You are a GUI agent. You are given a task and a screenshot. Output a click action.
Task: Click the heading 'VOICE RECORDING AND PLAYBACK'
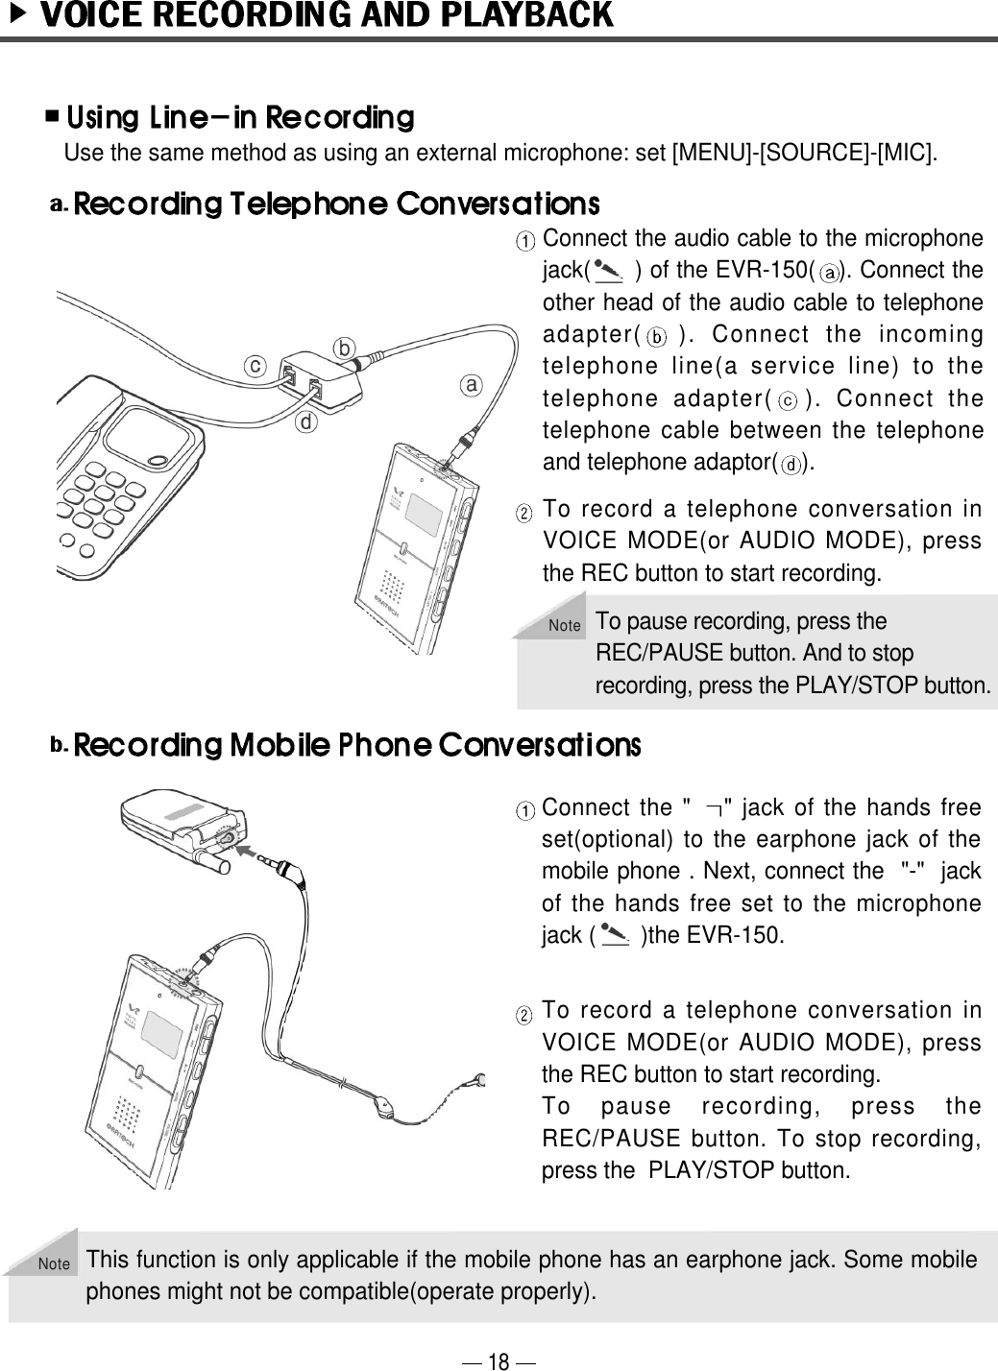(x=330, y=15)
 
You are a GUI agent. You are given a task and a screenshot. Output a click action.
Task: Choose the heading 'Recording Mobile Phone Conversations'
(x=356, y=745)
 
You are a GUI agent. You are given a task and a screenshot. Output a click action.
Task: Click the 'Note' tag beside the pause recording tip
(x=565, y=626)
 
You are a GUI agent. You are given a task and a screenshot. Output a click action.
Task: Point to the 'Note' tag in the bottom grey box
(x=55, y=1264)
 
